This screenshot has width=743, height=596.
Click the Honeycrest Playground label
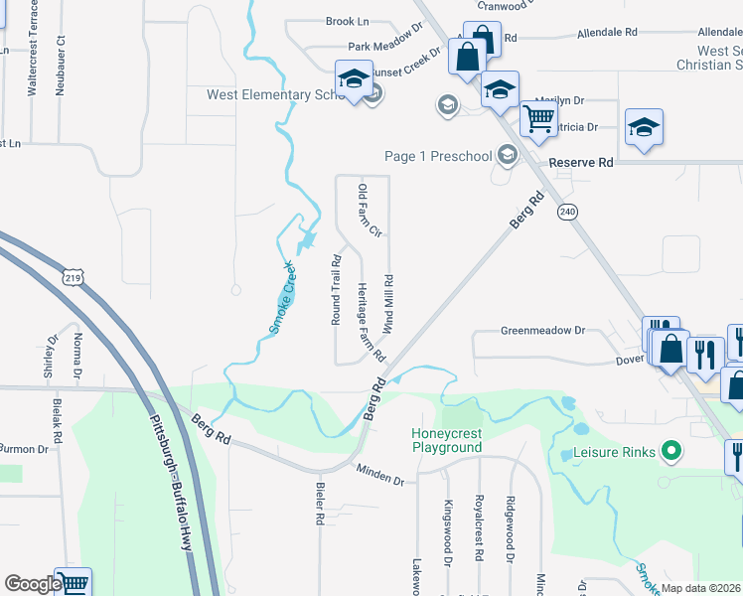pos(447,440)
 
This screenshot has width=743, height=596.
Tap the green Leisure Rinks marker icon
pos(670,453)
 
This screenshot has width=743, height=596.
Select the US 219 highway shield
pos(73,278)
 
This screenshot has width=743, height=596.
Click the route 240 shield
pos(567,212)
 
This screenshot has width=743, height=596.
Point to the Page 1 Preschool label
pos(438,156)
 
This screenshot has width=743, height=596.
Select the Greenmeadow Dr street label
pos(544,330)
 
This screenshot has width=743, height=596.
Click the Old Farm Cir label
pos(370,211)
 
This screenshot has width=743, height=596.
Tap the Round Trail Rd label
pos(337,291)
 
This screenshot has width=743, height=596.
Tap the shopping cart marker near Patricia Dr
pos(538,118)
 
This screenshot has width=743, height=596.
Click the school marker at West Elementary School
pos(353,79)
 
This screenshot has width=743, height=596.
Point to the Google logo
pos(32,584)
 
